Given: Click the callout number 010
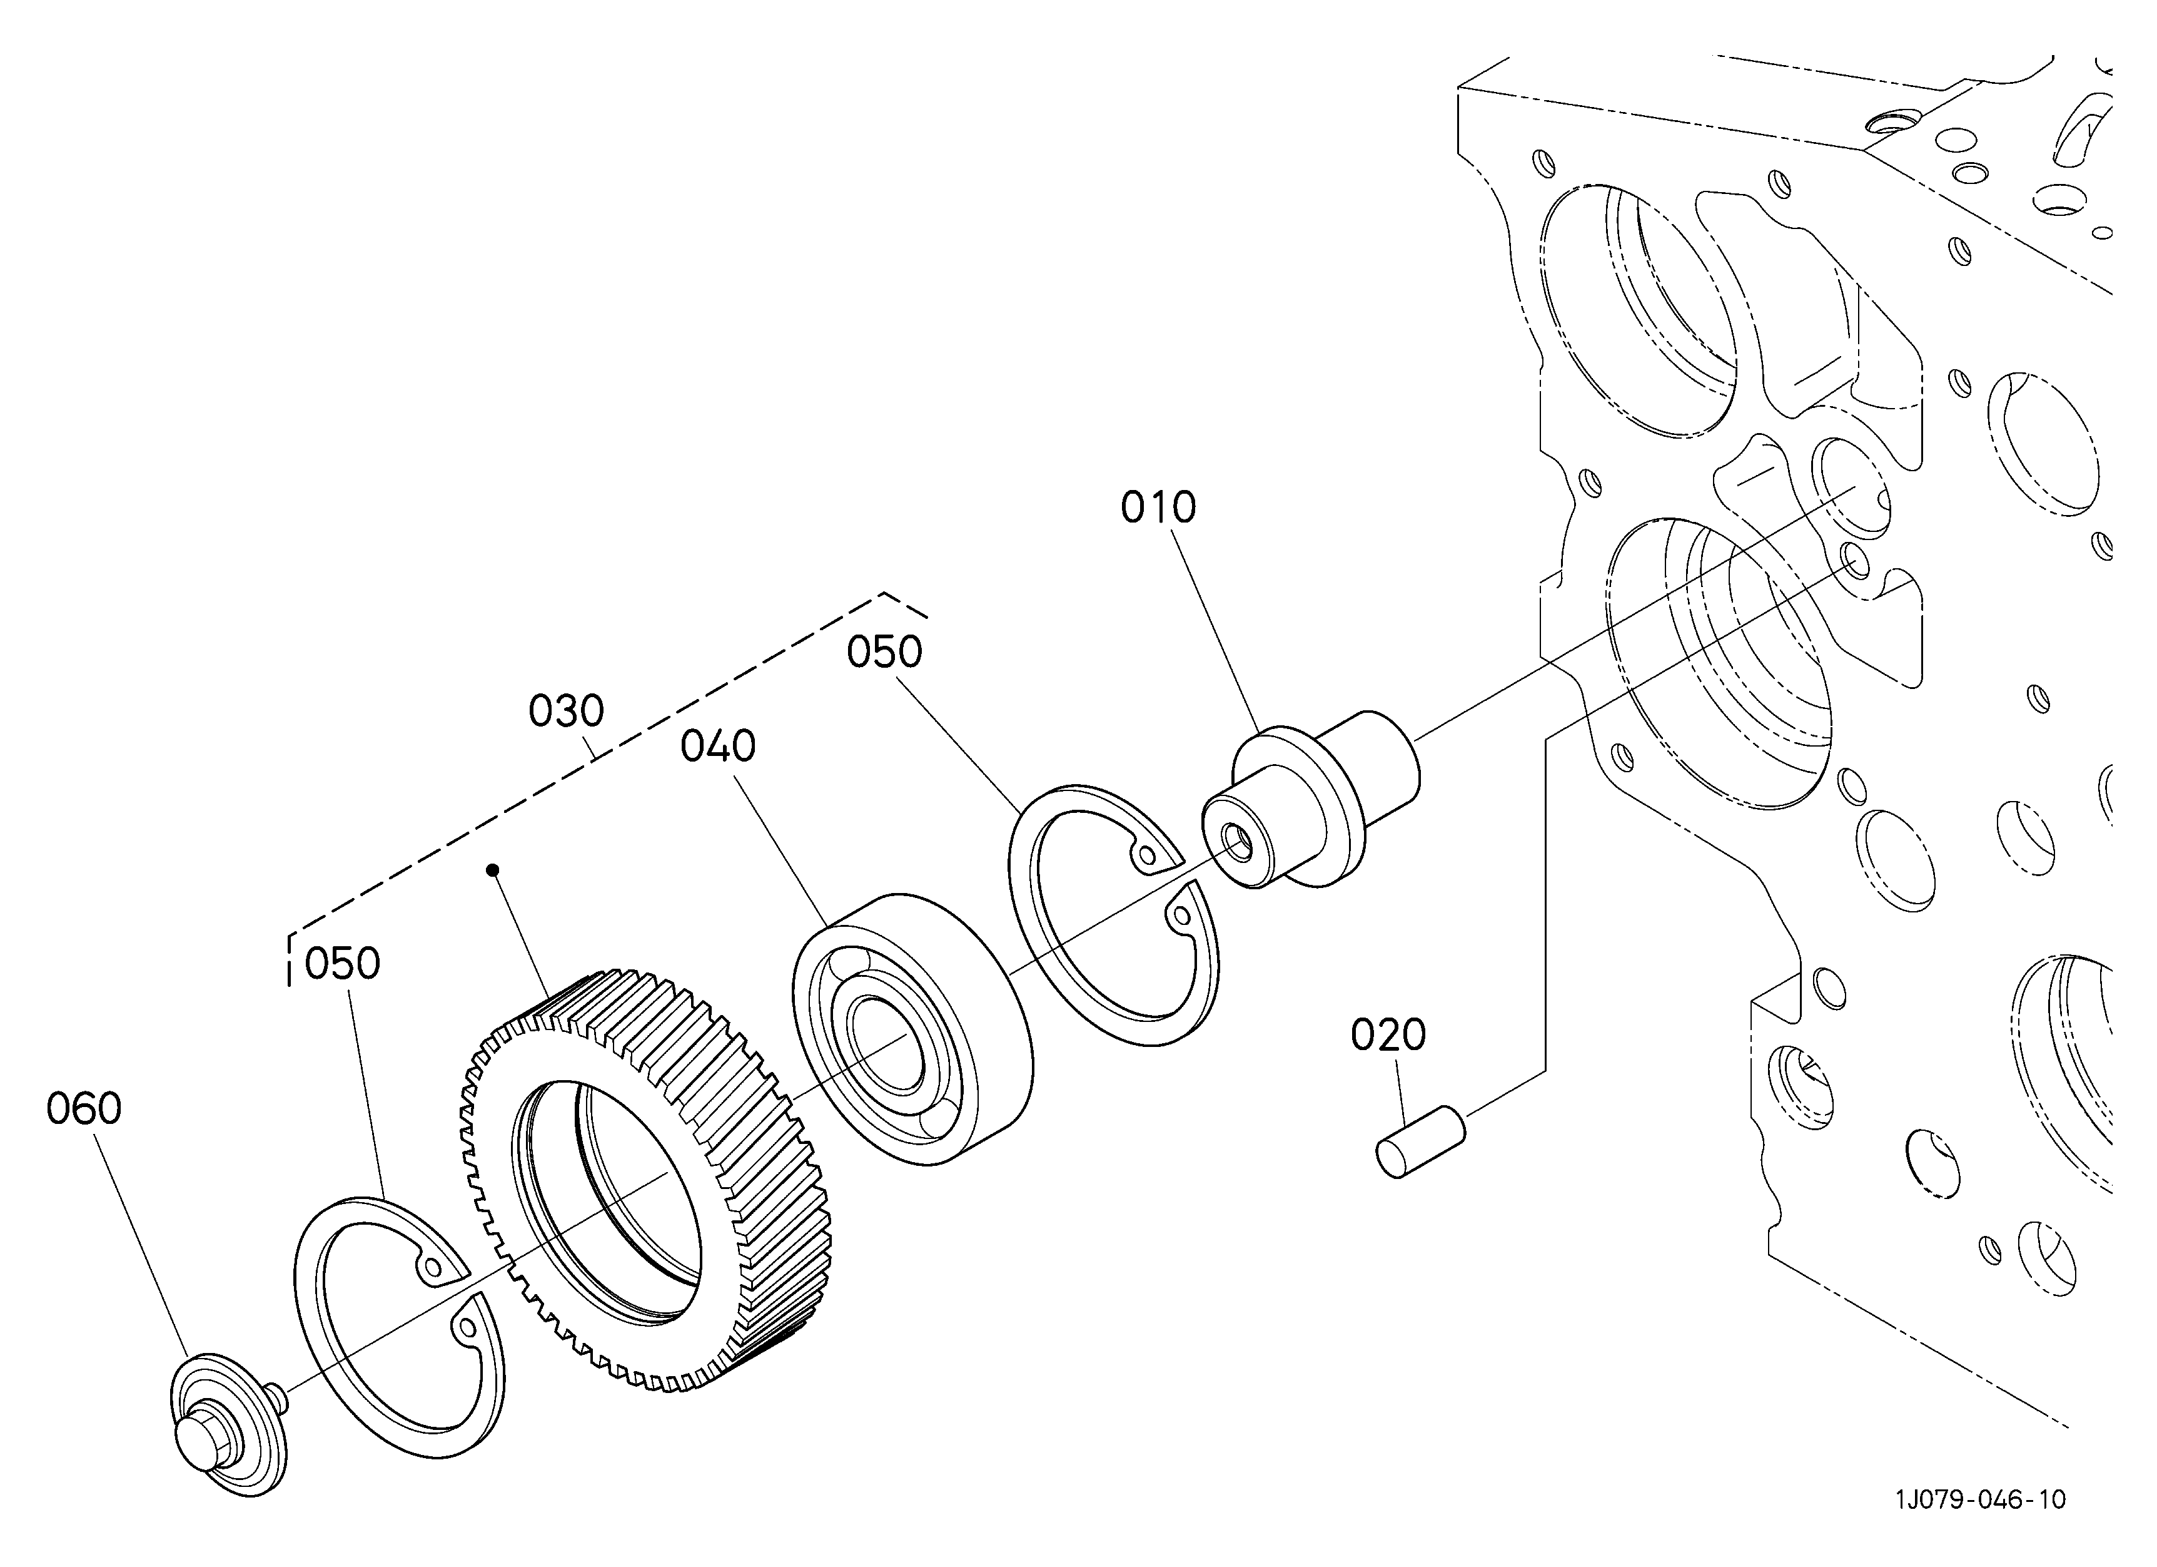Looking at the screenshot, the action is [1158, 508].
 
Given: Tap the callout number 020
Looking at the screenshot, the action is [1388, 1034].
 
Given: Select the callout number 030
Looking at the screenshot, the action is [566, 711].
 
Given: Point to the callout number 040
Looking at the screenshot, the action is [718, 747].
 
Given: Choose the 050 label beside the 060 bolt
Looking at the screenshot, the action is [342, 964].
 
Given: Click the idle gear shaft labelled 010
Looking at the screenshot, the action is [1311, 799].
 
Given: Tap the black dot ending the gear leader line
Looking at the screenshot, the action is [492, 870].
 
